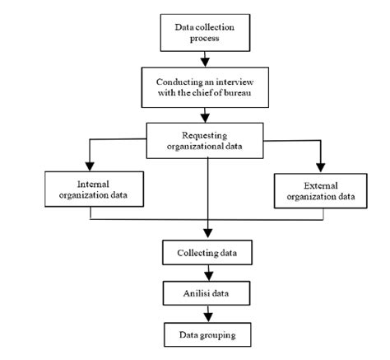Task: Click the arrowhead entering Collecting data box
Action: click(x=207, y=232)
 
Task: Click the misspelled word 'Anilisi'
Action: click(x=197, y=292)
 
